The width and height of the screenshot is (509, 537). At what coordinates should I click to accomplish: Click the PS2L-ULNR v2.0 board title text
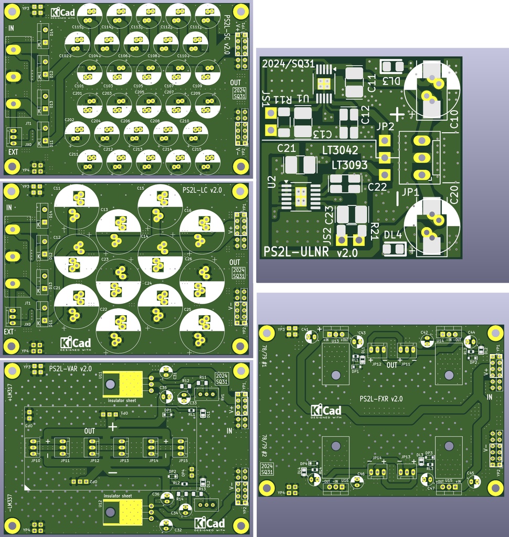311,252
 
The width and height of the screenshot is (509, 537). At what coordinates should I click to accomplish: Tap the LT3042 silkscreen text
340,151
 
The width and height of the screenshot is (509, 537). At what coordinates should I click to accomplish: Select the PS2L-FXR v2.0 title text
381,399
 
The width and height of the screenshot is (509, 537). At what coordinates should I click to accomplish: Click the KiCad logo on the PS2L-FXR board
326,412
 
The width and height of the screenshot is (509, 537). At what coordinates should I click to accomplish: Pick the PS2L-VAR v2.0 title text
70,369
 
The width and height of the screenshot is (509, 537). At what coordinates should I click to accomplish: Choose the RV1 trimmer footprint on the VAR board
206,394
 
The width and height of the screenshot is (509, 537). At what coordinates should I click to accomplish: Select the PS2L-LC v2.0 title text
202,189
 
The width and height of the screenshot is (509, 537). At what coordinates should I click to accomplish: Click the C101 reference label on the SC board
79,85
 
